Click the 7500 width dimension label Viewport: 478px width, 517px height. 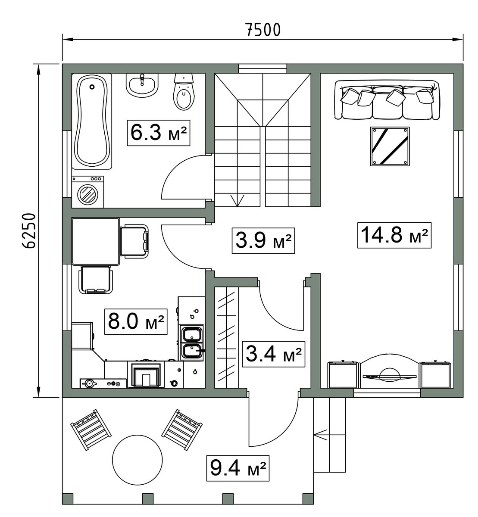[x=263, y=30]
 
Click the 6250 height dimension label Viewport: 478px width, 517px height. [x=28, y=231]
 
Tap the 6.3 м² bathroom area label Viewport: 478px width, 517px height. [x=158, y=133]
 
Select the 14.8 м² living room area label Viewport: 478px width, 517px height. [x=394, y=235]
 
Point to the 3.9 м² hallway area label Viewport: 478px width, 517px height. [x=263, y=240]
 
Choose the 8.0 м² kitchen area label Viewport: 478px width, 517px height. [x=136, y=321]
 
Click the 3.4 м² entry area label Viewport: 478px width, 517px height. [x=274, y=354]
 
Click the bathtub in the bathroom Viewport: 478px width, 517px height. [x=92, y=121]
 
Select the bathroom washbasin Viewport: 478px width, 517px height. [x=142, y=85]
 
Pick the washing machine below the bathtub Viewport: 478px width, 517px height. [x=88, y=192]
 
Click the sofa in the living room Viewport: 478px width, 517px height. [x=387, y=100]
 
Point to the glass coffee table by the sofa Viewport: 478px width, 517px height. [x=390, y=146]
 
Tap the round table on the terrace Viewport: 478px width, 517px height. [x=137, y=460]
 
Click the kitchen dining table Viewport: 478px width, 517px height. [x=96, y=242]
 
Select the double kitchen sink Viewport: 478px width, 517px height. [x=192, y=343]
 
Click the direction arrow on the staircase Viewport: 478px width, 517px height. [x=237, y=200]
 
